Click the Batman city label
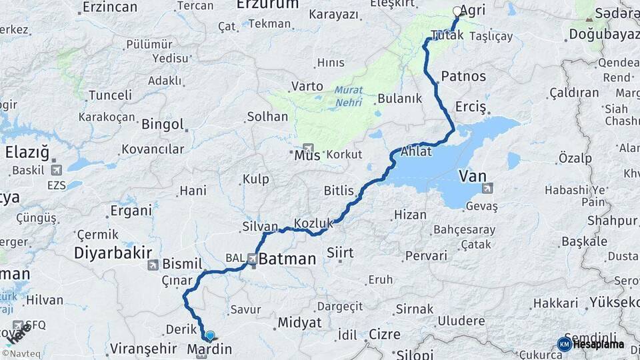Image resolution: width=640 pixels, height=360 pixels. [x=287, y=259]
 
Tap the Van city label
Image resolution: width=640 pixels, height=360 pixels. [x=472, y=177]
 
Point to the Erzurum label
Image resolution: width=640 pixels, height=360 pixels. [x=267, y=5]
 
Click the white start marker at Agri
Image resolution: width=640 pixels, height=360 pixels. [x=457, y=11]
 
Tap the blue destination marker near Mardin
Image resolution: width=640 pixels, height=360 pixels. [x=210, y=336]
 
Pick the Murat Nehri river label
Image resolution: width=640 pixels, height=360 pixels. [x=348, y=94]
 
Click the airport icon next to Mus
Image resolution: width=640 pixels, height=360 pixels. [x=308, y=148]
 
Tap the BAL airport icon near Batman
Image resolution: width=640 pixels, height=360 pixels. [x=252, y=259]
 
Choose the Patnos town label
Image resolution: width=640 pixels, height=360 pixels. [x=463, y=76]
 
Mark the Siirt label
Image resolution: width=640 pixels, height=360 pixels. [x=340, y=253]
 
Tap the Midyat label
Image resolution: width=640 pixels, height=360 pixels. [x=299, y=323]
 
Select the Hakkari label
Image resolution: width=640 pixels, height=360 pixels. [x=555, y=303]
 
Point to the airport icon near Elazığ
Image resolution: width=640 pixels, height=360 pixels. [x=55, y=170]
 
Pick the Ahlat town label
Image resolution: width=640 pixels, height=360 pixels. [x=416, y=152]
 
